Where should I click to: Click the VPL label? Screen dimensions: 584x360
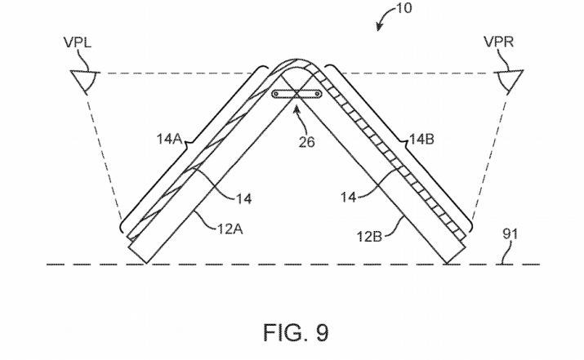[77, 42]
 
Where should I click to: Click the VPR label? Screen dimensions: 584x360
[499, 42]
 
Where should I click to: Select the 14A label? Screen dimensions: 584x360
[169, 140]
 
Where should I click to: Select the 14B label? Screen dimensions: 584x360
[422, 140]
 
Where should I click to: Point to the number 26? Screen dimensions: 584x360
[306, 142]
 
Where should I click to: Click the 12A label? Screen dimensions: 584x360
[230, 229]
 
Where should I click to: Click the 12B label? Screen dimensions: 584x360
[369, 237]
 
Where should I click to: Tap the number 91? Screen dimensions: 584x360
[510, 234]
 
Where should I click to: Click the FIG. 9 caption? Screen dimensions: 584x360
[296, 332]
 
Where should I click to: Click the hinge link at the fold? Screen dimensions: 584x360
[296, 94]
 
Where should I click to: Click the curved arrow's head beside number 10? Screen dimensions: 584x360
[379, 27]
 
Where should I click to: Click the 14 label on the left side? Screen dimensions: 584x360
[244, 199]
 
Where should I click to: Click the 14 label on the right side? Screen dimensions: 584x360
[349, 197]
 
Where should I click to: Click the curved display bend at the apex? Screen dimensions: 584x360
[296, 60]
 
